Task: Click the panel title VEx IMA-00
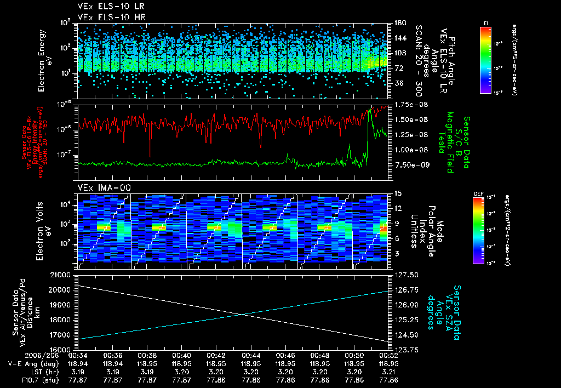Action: [98, 187]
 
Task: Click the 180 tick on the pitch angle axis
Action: [399, 23]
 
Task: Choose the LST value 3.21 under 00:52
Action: [388, 372]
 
